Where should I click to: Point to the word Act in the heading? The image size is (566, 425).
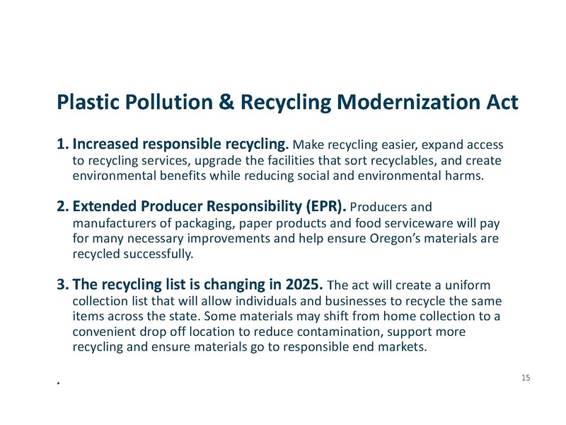pyautogui.click(x=499, y=103)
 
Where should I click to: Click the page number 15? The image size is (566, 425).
pyautogui.click(x=525, y=378)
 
